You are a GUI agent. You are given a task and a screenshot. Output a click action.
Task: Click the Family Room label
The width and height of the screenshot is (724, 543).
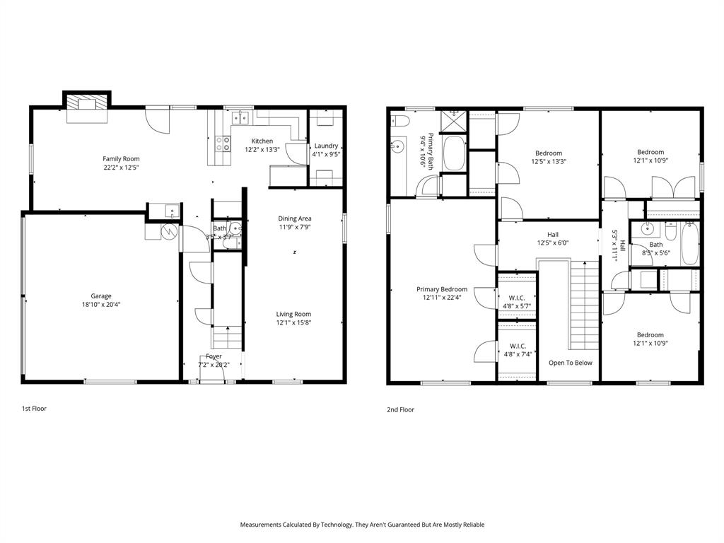point(121,159)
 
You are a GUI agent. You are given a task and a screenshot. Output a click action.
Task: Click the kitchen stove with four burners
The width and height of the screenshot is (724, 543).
point(222,144)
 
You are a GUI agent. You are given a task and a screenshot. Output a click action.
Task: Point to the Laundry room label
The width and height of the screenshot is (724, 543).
point(326,146)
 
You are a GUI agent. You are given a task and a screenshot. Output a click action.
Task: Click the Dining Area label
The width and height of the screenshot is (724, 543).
point(295,218)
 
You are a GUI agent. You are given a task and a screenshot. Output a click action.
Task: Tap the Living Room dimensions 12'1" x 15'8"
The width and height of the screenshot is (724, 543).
point(293,323)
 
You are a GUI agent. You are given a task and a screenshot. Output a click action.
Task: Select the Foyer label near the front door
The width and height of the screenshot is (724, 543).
point(214,356)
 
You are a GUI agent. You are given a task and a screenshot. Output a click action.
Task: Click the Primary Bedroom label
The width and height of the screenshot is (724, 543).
point(442,289)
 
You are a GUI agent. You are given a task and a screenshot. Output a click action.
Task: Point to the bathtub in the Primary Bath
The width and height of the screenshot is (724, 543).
point(453,153)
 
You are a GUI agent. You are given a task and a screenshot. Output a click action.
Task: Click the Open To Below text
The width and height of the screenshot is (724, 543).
point(571,363)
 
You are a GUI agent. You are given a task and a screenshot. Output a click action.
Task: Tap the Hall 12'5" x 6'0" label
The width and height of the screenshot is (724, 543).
point(553,235)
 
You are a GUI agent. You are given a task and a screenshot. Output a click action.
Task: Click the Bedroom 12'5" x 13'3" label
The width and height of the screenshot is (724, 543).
point(549,153)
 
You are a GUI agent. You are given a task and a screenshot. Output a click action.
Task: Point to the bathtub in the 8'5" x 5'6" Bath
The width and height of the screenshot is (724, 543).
point(690,243)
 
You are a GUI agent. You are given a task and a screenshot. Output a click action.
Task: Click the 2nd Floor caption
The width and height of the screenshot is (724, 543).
point(400,409)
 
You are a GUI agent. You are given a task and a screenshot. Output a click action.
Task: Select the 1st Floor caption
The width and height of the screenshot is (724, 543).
point(34,409)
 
